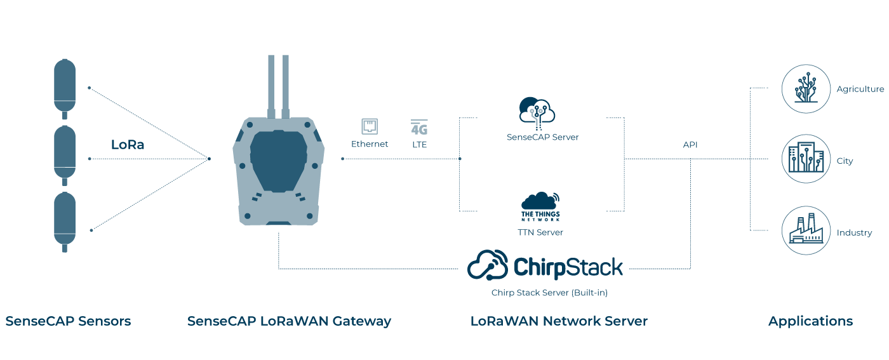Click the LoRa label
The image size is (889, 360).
128,145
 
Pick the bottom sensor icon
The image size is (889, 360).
64,220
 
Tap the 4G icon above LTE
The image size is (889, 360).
419,128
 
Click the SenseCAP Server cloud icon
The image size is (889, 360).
537,110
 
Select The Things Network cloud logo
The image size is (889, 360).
540,206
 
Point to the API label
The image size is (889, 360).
690,145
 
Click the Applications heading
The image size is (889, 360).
810,321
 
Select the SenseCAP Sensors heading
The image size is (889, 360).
68,321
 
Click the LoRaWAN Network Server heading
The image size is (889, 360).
559,321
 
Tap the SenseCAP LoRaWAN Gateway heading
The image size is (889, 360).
289,321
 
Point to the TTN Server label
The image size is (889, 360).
540,232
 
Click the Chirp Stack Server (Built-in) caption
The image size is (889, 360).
545,293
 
